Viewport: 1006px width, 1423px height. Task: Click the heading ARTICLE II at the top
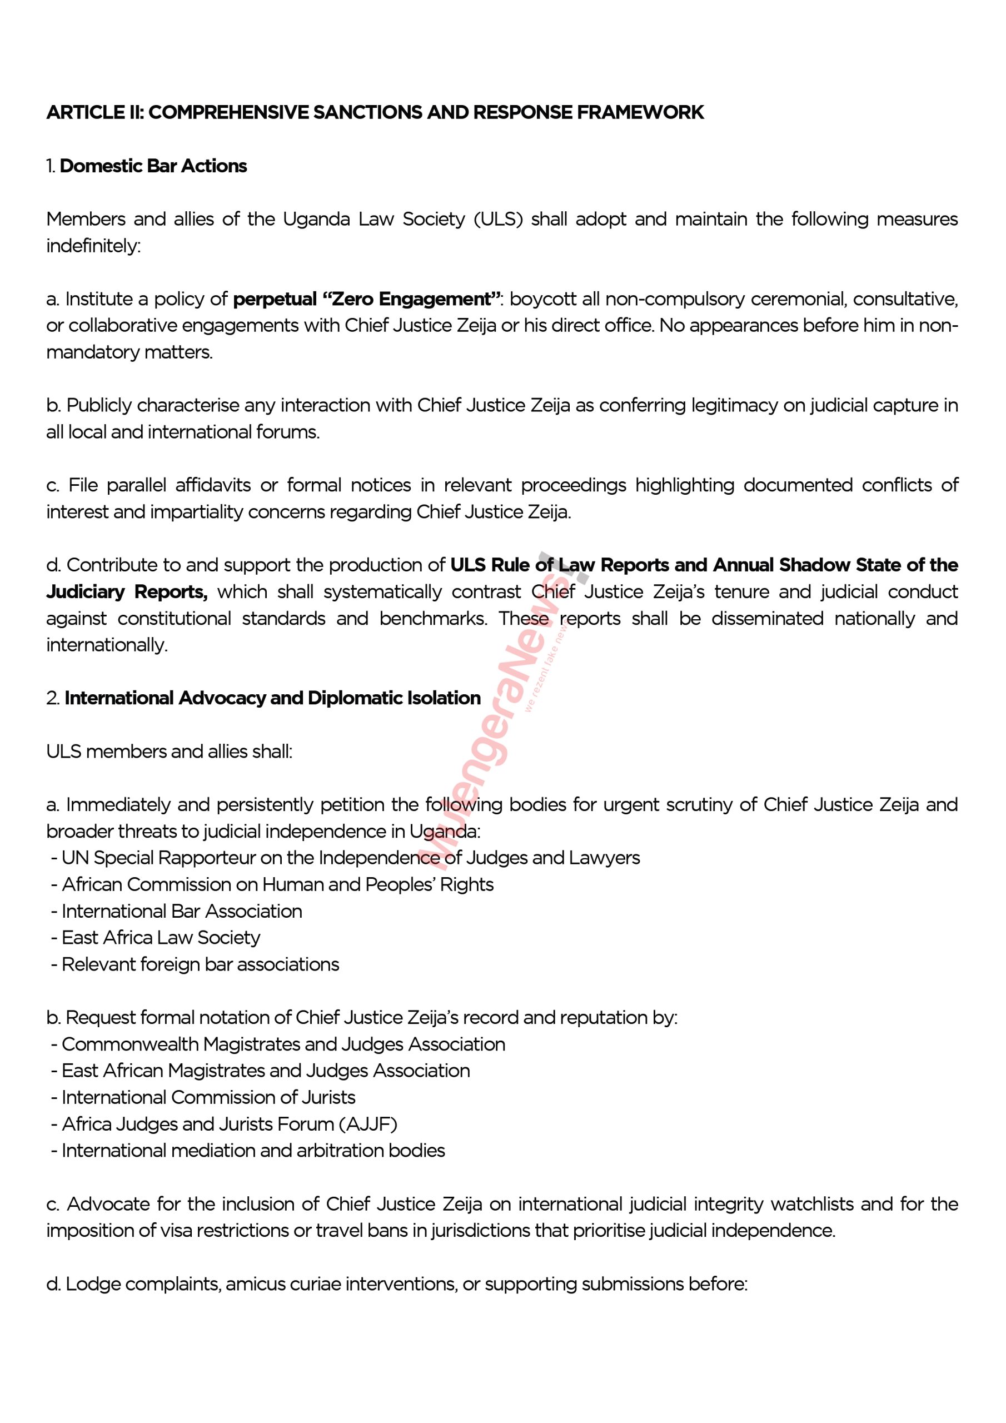pyautogui.click(x=375, y=112)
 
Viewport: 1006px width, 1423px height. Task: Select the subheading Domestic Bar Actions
pyautogui.click(x=153, y=166)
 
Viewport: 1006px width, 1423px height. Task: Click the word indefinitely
pyautogui.click(x=93, y=246)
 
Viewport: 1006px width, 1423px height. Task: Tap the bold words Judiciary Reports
pyautogui.click(x=127, y=592)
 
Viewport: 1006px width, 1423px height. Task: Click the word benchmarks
pyautogui.click(x=432, y=619)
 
